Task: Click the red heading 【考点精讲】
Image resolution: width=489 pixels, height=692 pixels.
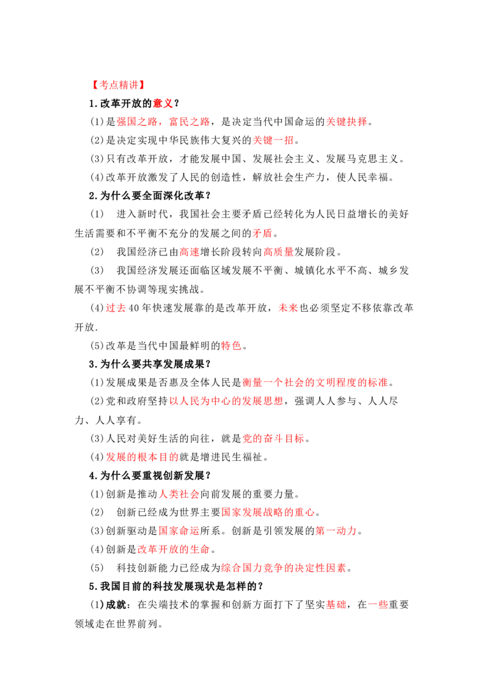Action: coord(119,85)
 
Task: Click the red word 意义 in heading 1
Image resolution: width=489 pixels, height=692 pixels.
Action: coord(163,103)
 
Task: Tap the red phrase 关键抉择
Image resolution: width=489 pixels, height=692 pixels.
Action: coord(347,122)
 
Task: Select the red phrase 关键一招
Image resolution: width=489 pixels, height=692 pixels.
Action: coord(273,141)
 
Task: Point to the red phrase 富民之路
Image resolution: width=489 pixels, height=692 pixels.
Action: coord(189,122)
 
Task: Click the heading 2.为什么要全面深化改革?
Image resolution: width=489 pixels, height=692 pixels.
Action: coord(150,196)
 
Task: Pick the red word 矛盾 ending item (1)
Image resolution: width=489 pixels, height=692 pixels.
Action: coord(263,233)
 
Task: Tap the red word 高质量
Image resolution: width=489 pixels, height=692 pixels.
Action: coord(279,252)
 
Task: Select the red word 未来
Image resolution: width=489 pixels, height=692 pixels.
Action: coord(288,308)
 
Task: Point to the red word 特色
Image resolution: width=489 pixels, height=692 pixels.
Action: coord(231,345)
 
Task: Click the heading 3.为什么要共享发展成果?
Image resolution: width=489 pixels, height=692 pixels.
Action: coord(150,364)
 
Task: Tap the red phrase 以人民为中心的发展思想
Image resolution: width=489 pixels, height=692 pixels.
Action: coord(226,401)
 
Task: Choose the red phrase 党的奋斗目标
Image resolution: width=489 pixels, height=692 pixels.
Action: coord(274,439)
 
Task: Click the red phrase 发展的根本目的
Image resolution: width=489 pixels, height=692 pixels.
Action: coord(142,457)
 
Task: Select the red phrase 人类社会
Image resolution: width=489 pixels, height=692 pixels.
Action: coord(179,495)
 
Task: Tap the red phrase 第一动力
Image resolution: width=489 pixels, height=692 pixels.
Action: coord(336,531)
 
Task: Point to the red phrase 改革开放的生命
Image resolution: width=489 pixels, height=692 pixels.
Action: coord(174,550)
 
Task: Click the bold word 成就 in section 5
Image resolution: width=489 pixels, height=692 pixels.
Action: coord(116,605)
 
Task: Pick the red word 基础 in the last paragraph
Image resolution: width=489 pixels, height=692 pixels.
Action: coord(336,605)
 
